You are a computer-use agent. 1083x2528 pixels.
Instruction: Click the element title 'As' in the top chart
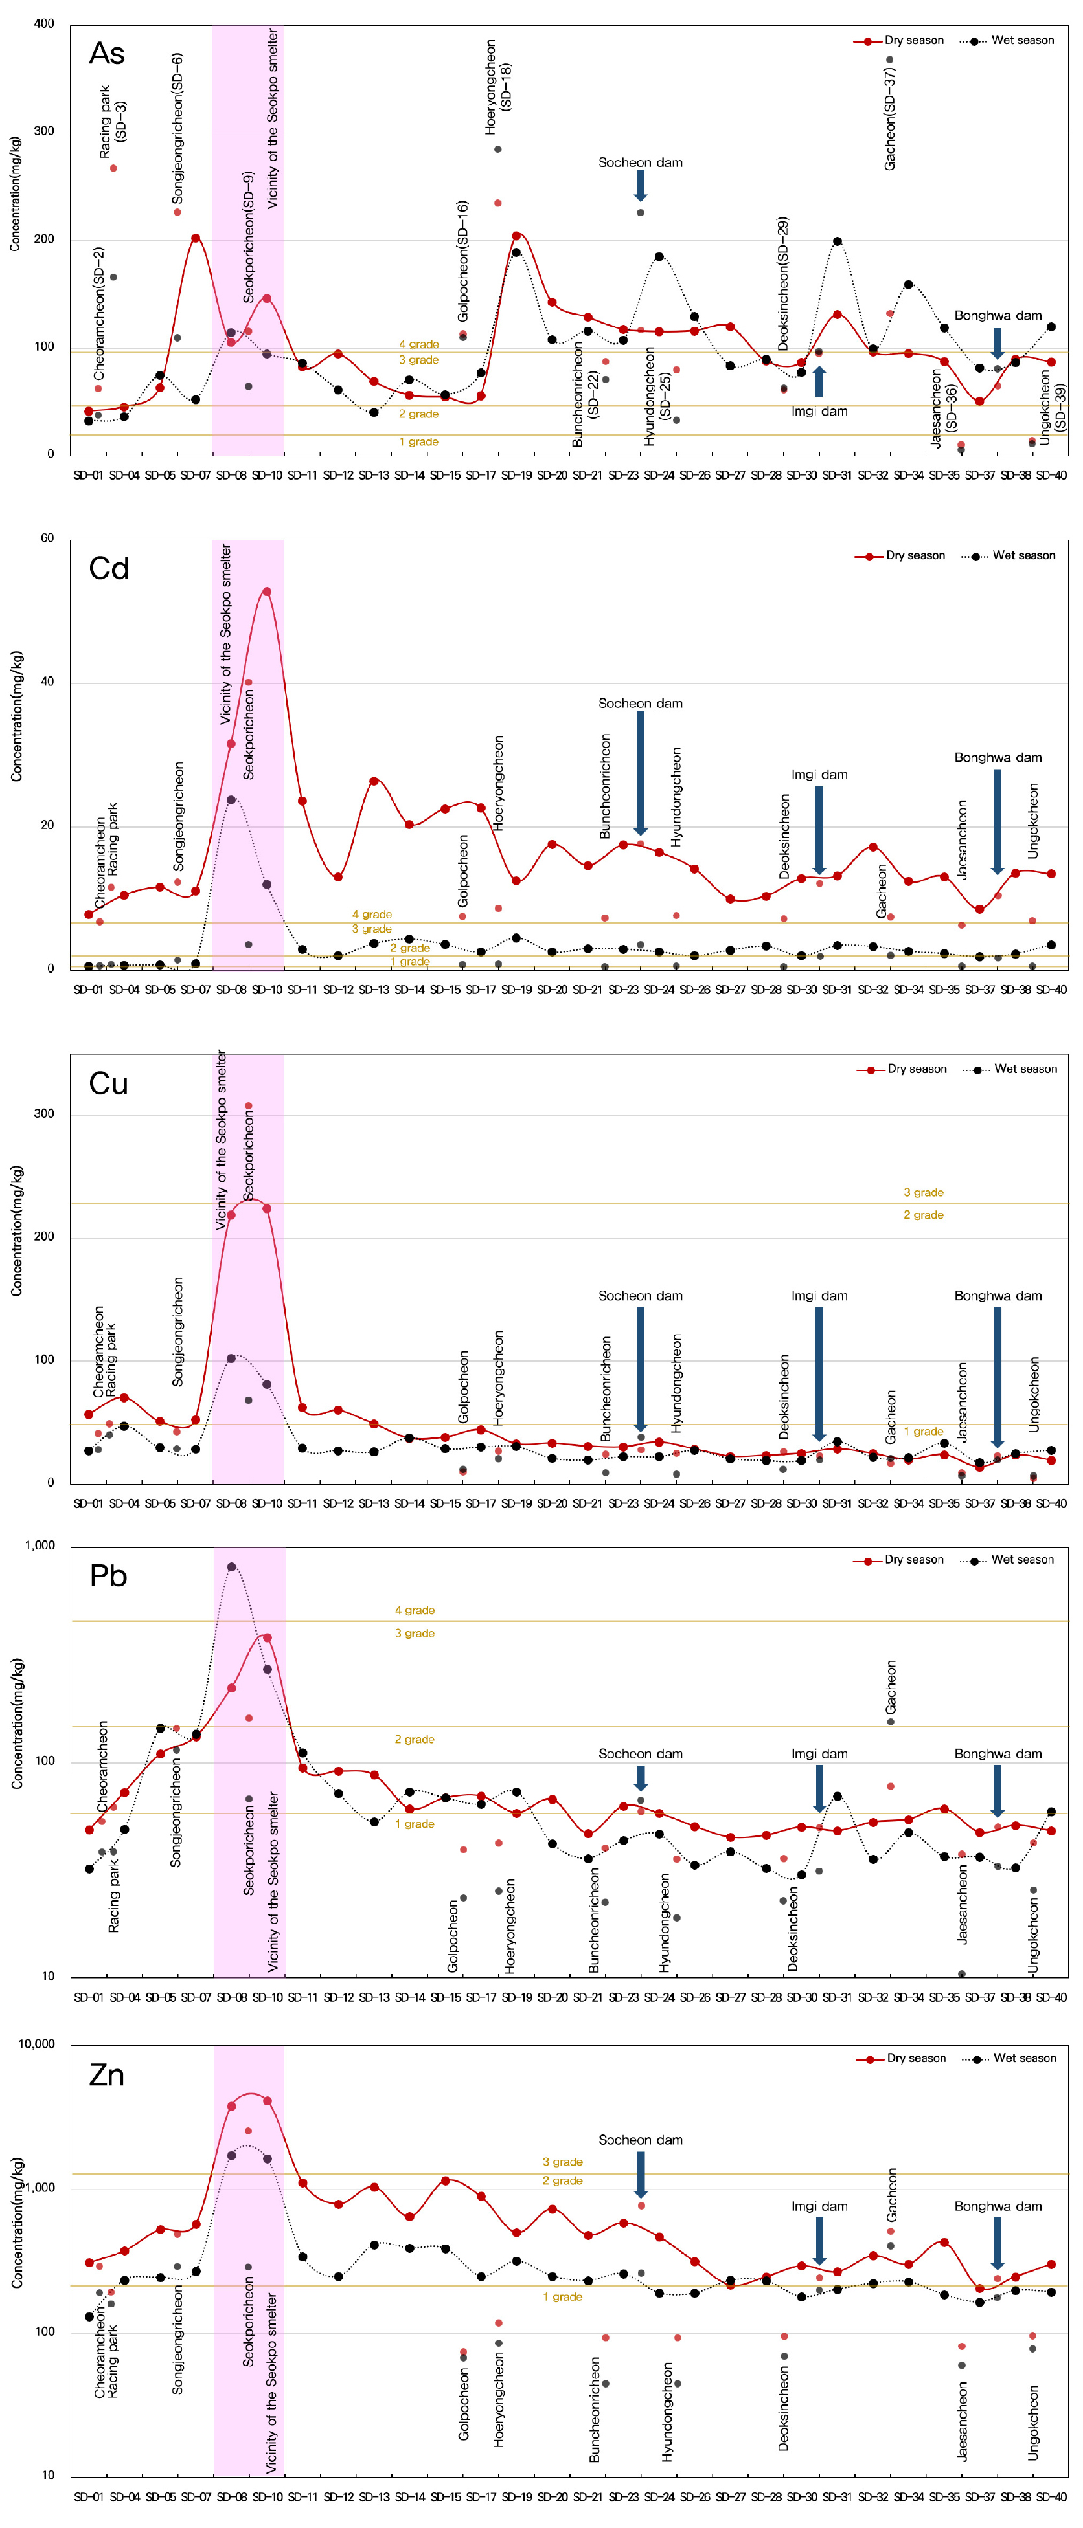[106, 53]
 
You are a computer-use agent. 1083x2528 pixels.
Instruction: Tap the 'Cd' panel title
[108, 568]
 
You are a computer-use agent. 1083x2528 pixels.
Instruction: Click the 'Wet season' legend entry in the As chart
[1022, 40]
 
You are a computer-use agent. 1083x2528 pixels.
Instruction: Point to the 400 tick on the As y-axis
[44, 23]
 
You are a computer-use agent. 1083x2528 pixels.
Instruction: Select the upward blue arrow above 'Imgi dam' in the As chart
[819, 381]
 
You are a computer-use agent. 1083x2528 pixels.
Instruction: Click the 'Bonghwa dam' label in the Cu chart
[997, 1296]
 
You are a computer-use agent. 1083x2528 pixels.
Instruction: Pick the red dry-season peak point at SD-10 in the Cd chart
[266, 592]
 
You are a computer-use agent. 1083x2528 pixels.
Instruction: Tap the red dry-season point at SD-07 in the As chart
[196, 238]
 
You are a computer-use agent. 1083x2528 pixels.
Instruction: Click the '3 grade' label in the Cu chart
[923, 1192]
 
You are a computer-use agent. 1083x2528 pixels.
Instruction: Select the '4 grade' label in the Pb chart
[415, 1610]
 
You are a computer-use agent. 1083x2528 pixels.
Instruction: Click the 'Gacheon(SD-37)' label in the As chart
[889, 118]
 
